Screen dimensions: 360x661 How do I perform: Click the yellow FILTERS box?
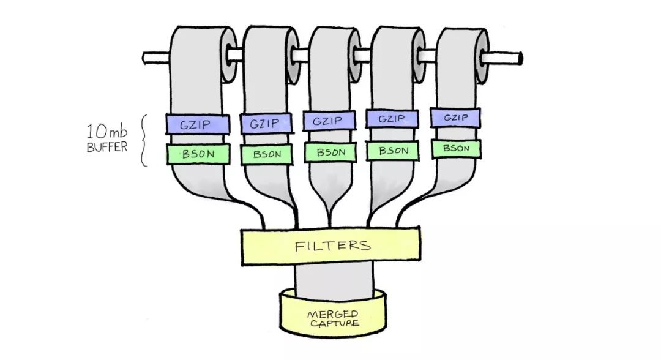tap(330, 246)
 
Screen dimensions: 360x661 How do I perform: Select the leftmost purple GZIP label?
tap(198, 123)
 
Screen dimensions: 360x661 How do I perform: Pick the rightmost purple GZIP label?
tap(455, 118)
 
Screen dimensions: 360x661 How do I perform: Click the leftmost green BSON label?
tap(198, 154)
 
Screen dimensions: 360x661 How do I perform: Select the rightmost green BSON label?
tap(456, 148)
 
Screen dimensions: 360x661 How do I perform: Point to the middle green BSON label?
tap(330, 152)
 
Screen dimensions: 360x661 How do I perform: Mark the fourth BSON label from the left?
tap(394, 151)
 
